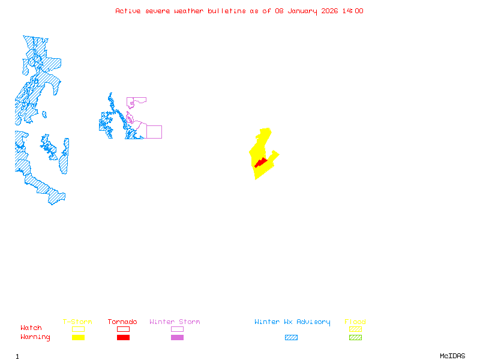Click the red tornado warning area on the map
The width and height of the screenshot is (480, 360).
[x=260, y=163]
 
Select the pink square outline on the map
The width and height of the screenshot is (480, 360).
[x=154, y=132]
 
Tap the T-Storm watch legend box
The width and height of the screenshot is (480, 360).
[x=78, y=329]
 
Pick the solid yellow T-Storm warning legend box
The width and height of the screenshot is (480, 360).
[x=78, y=338]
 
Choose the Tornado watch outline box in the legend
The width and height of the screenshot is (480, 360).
[x=123, y=329]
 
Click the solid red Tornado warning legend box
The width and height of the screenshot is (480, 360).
[x=123, y=338]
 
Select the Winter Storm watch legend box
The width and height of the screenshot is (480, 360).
[x=177, y=329]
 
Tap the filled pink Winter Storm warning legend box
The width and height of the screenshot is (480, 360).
[x=177, y=338]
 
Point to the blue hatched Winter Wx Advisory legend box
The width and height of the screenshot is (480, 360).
[x=291, y=338]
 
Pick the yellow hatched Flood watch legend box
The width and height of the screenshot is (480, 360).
[x=355, y=329]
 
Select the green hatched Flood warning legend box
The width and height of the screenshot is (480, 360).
[x=355, y=338]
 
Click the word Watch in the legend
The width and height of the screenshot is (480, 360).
[x=31, y=328]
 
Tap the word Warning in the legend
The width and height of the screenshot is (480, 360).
[x=35, y=337]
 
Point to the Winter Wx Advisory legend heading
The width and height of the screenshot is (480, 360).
[x=292, y=322]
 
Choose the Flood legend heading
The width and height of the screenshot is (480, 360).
[x=355, y=322]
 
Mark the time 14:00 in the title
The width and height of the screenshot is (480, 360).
[x=353, y=11]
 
